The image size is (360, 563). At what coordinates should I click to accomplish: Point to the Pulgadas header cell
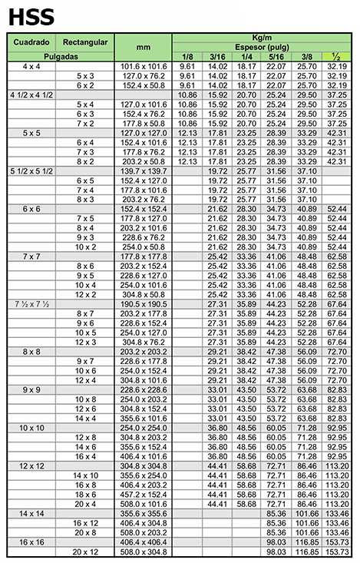click(59, 57)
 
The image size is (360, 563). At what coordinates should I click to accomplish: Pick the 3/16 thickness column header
click(217, 57)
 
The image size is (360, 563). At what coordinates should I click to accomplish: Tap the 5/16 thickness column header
click(275, 57)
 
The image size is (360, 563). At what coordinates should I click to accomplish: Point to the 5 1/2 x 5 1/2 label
click(31, 171)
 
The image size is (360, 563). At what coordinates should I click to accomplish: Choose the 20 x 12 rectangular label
click(85, 552)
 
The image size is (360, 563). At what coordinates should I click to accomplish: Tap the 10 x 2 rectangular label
click(85, 247)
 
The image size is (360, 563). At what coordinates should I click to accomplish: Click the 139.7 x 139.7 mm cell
click(144, 171)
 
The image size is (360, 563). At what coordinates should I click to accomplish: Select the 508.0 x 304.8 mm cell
click(144, 552)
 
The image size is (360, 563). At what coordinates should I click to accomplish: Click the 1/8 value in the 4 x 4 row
click(187, 67)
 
